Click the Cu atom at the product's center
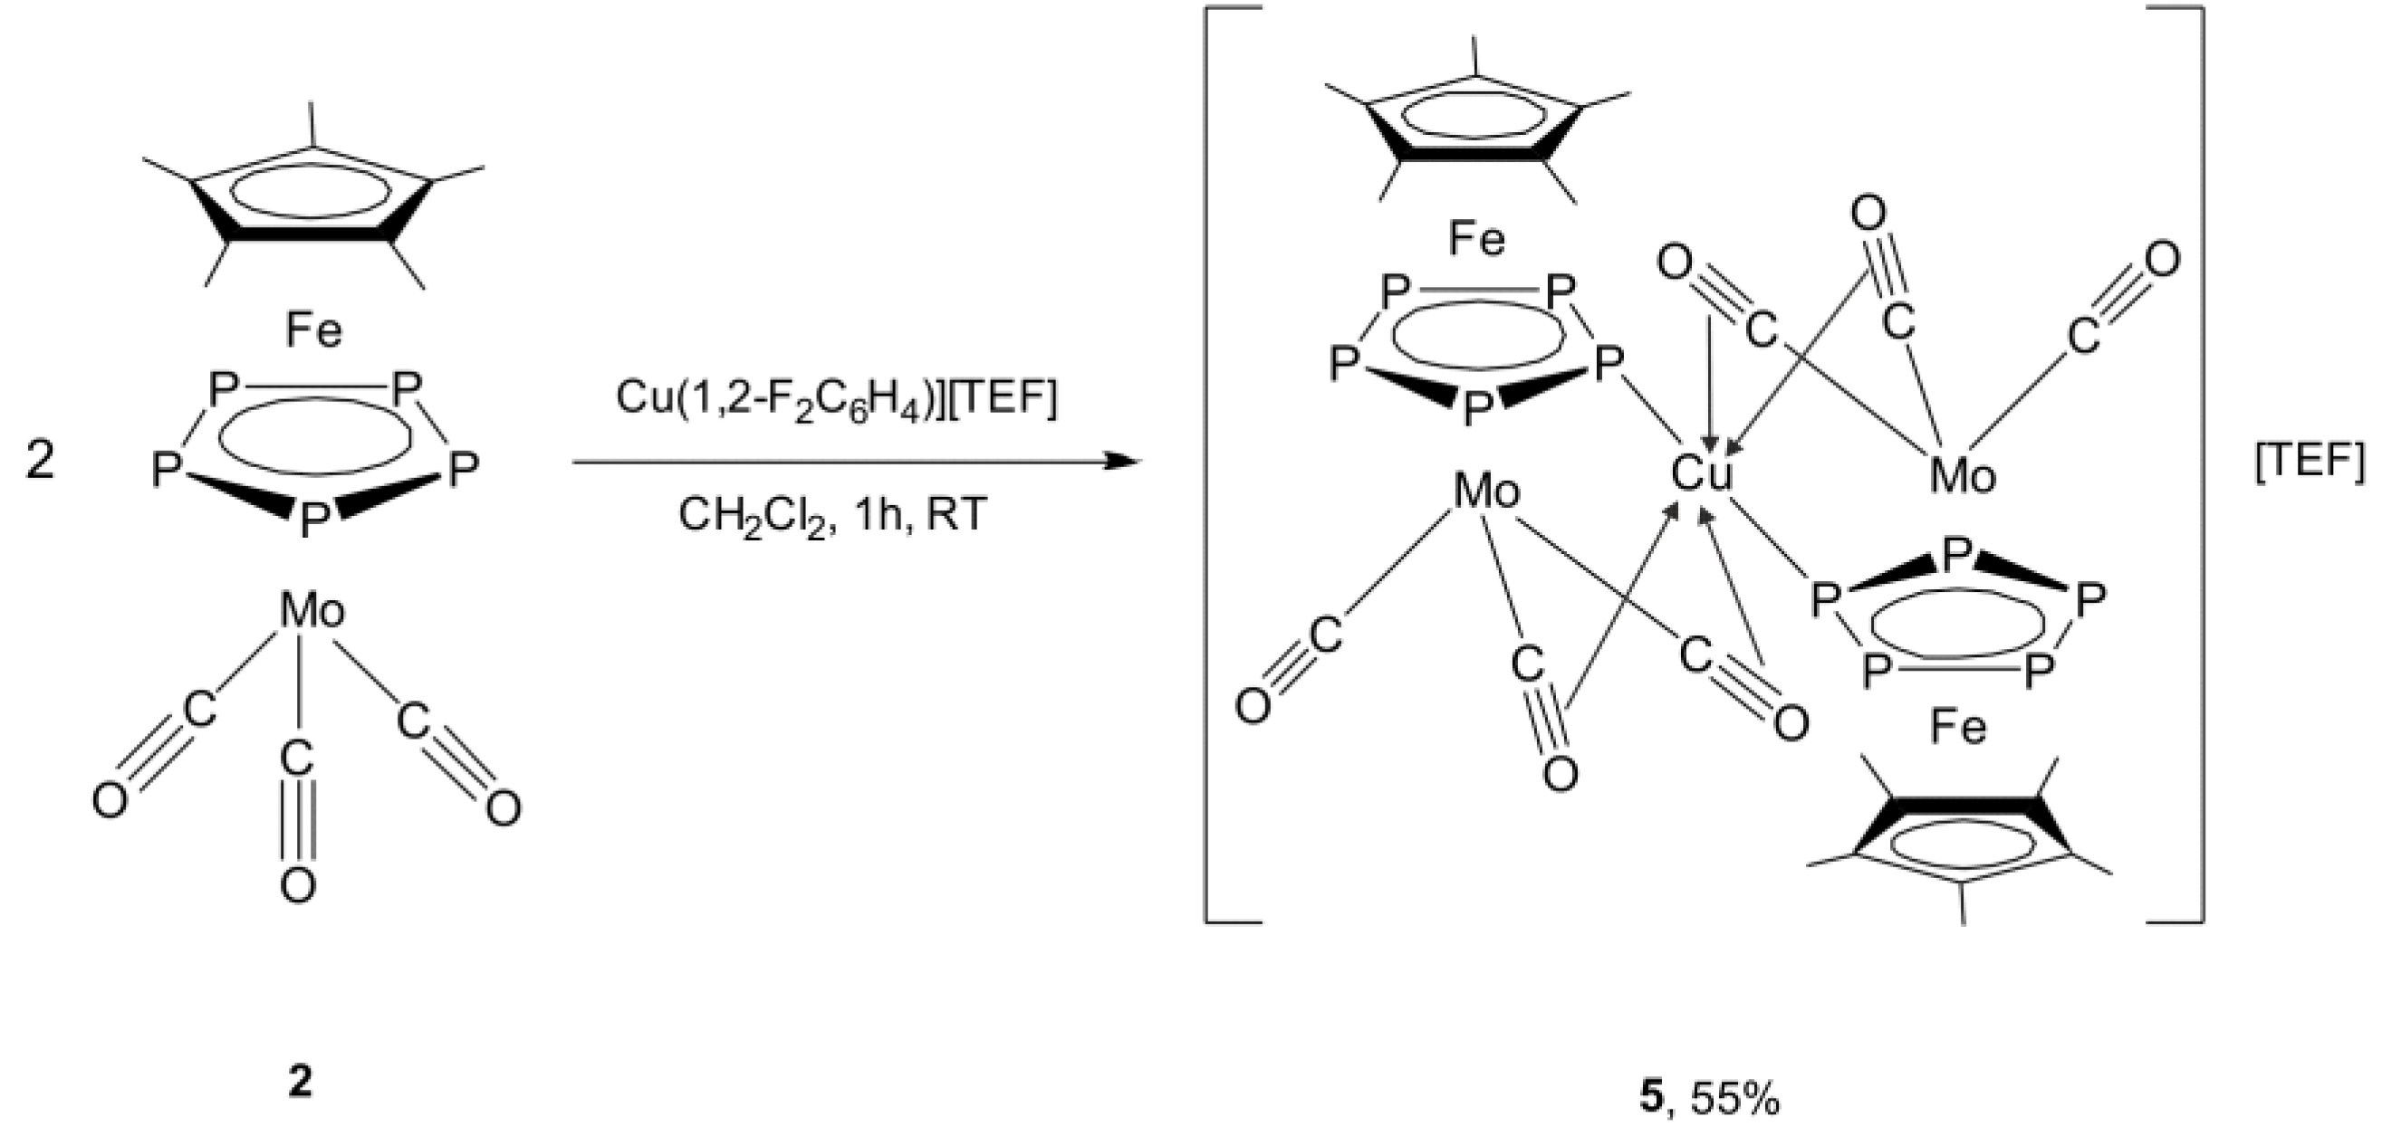tap(1702, 475)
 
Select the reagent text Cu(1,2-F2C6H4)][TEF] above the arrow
tap(836, 398)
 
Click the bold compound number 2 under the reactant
tap(300, 1083)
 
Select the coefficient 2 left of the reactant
tap(40, 460)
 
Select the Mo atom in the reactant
tap(312, 611)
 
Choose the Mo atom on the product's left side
tap(1486, 490)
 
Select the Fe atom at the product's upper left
tap(1476, 239)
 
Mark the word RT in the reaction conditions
tap(956, 515)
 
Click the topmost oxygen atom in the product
tap(1868, 215)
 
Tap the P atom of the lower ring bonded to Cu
tap(1823, 600)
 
